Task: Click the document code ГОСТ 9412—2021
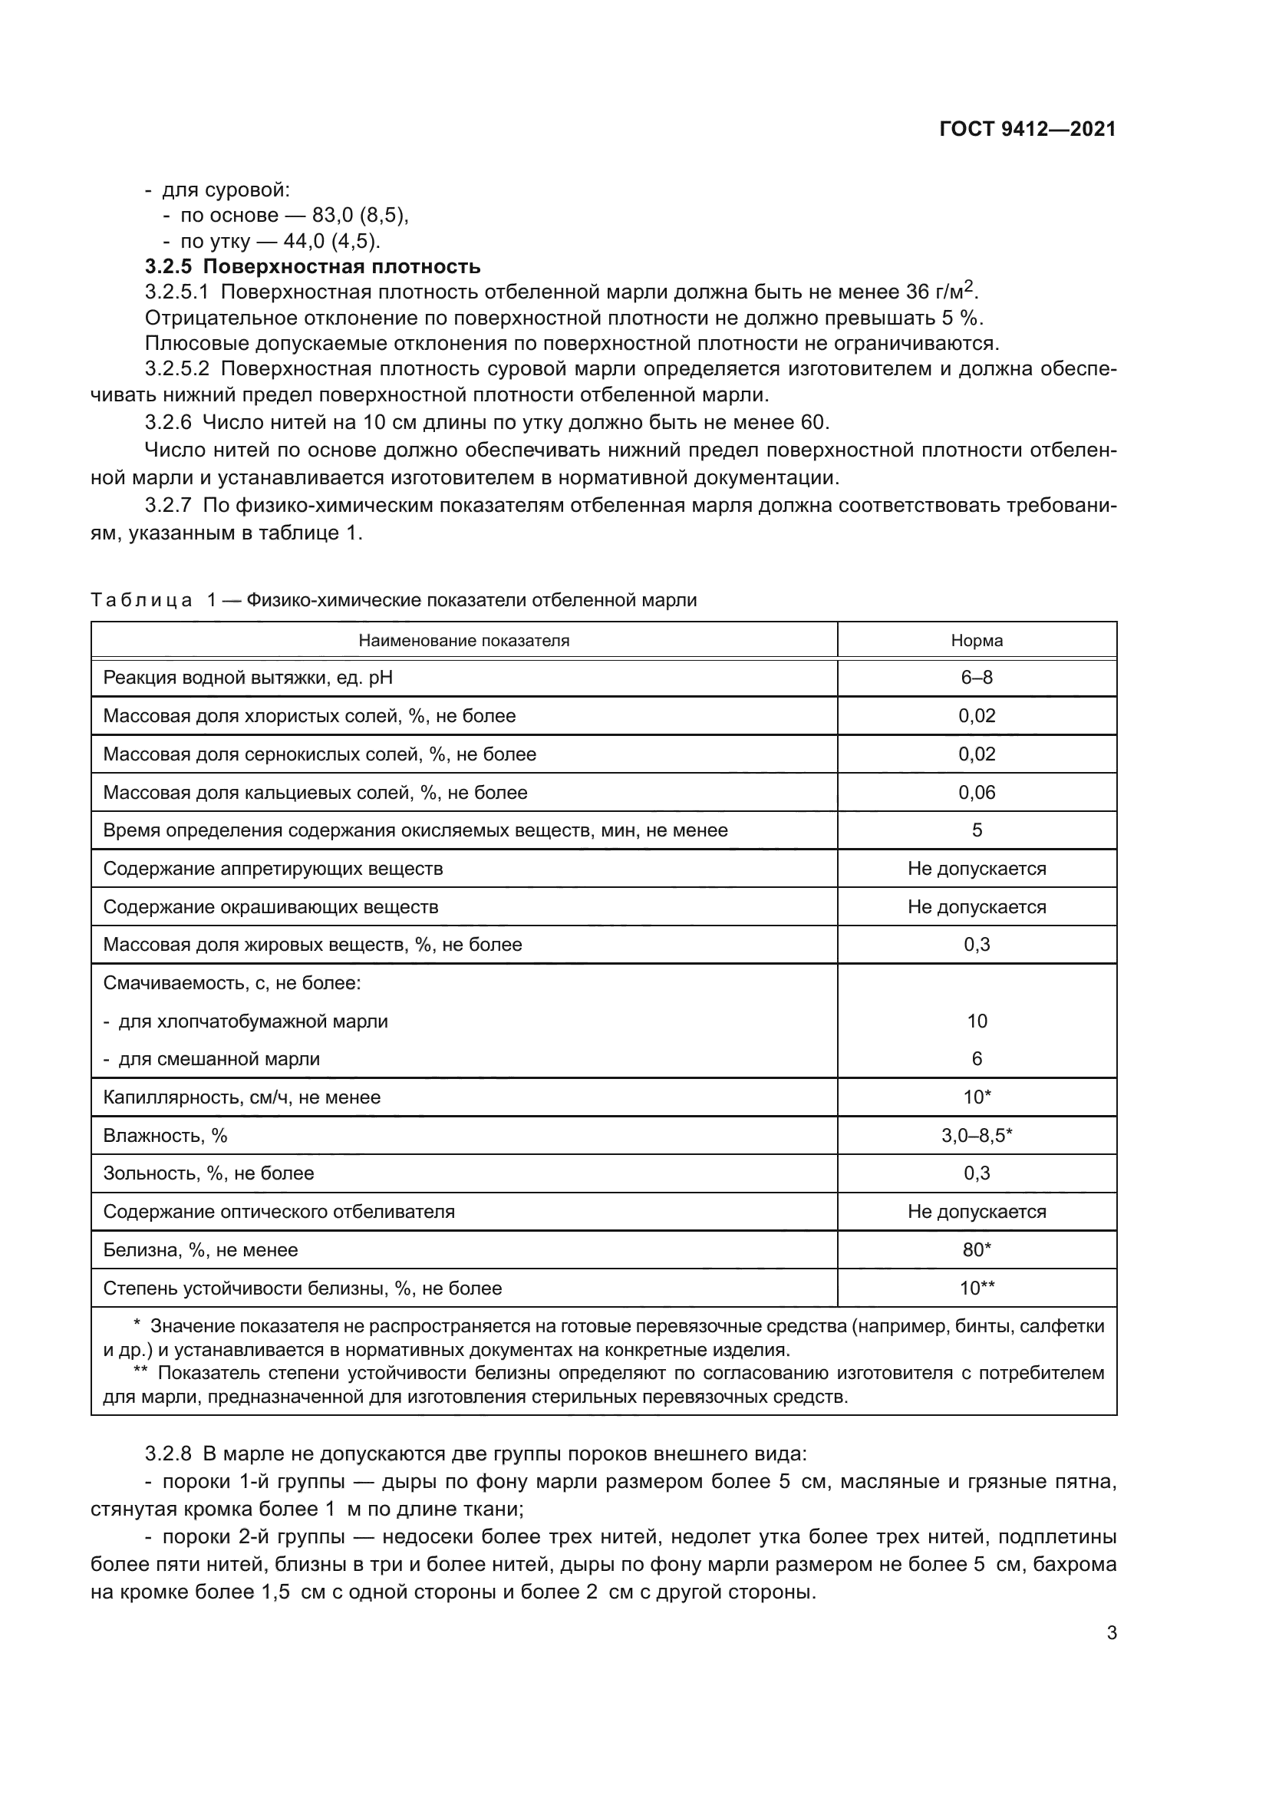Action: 1027,129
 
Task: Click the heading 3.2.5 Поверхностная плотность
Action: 312,266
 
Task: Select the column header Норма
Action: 976,640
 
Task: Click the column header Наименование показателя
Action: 463,640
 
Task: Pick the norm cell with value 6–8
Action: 976,677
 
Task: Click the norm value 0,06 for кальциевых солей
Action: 976,792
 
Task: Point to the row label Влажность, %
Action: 165,1135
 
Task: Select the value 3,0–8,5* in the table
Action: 976,1135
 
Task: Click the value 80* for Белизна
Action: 976,1249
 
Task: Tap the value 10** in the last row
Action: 976,1288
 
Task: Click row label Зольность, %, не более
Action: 208,1173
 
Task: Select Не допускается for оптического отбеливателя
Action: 976,1211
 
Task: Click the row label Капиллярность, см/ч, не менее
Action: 242,1097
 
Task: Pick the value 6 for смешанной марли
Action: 976,1058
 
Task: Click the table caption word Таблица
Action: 140,599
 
